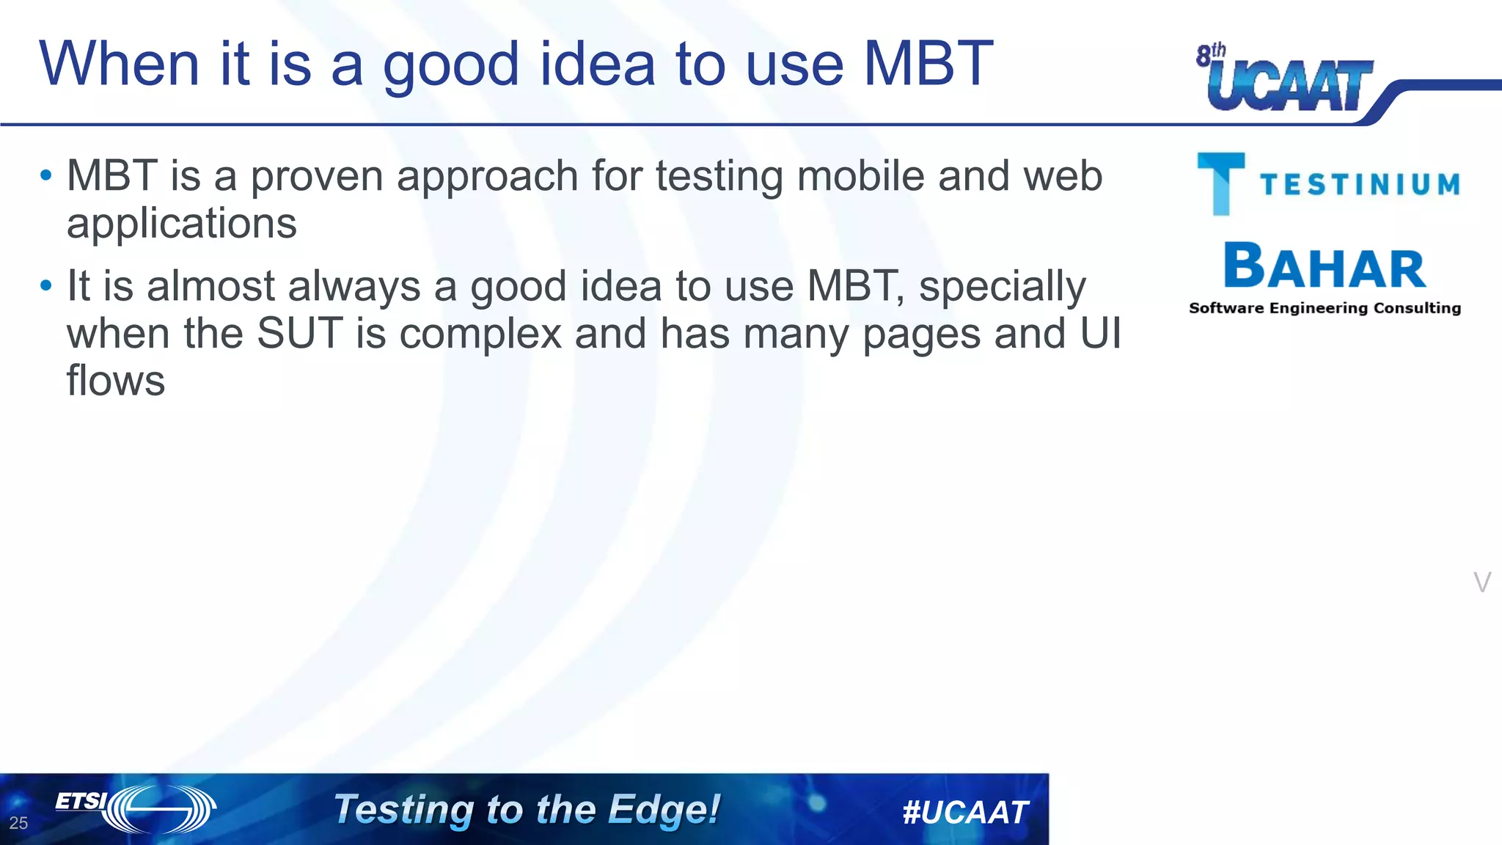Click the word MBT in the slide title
[928, 65]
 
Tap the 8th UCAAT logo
[1286, 81]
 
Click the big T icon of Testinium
[1220, 183]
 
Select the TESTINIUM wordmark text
[1360, 184]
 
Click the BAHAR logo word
[1325, 267]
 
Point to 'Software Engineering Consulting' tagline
[1325, 308]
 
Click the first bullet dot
[46, 176]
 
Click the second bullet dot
[46, 286]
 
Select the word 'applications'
[181, 224]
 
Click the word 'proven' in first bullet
[317, 178]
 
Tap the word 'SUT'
[299, 334]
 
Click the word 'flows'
[116, 381]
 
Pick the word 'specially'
[1002, 287]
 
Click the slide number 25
[18, 823]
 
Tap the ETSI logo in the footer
[136, 808]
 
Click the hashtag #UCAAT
[965, 812]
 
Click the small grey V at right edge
[1481, 582]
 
